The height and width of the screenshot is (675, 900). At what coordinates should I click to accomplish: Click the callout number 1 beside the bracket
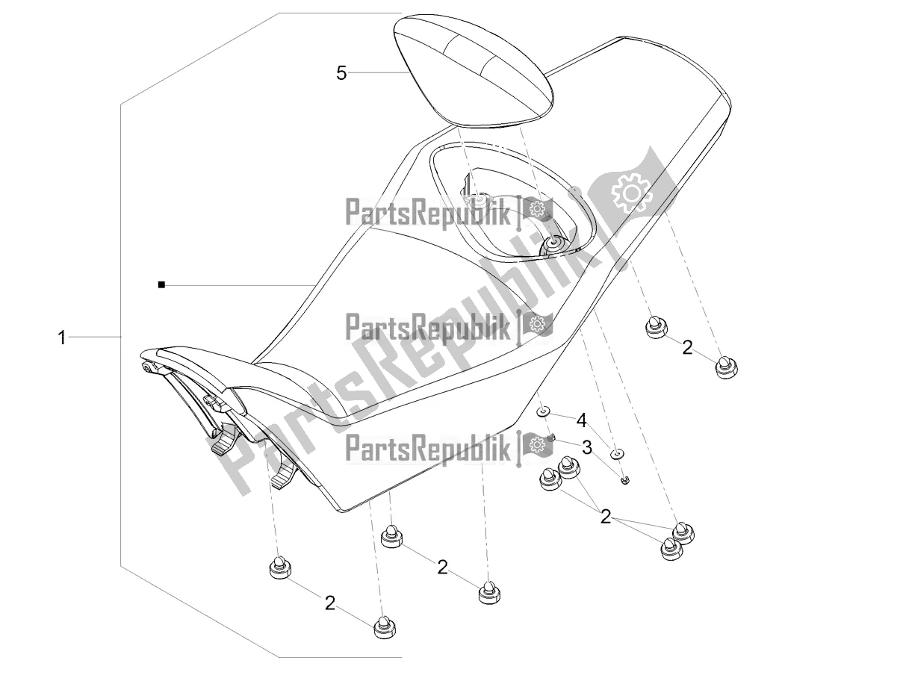[63, 338]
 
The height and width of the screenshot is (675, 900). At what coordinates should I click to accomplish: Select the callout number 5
[341, 72]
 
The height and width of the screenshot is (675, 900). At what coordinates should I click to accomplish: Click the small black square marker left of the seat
[161, 284]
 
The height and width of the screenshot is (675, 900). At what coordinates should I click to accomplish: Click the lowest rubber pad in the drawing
[385, 627]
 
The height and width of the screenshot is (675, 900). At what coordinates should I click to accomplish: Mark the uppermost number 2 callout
[686, 346]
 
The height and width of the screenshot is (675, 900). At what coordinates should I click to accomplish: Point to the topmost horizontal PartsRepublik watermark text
[428, 214]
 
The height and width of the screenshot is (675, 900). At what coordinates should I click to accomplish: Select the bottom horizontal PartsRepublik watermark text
[428, 448]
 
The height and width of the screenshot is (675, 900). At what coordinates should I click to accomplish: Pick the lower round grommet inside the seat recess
[554, 243]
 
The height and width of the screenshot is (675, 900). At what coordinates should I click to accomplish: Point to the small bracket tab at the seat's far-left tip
[149, 367]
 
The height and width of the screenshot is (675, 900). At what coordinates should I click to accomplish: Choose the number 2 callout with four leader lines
[605, 517]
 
